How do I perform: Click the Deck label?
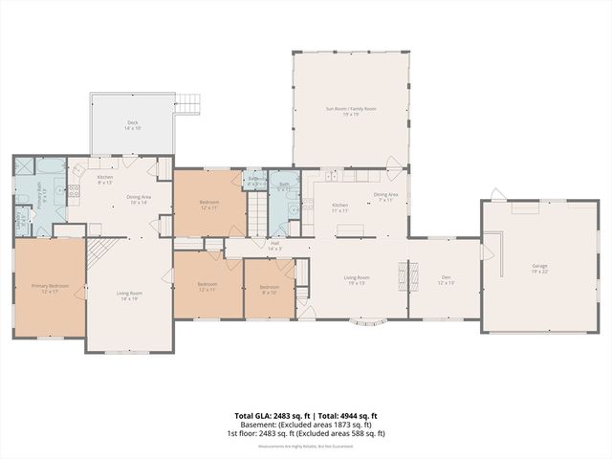coord(132,125)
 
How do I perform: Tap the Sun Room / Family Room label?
coord(351,112)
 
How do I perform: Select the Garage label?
coord(539,267)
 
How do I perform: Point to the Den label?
coord(446,281)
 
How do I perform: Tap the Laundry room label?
coord(21,222)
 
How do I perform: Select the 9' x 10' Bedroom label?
coord(270,289)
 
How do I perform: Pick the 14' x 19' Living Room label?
coord(130,295)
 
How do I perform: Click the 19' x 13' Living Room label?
coord(358,281)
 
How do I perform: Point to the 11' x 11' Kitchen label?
coord(339,208)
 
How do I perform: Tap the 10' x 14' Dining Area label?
coord(138,200)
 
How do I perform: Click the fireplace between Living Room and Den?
coord(403,276)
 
